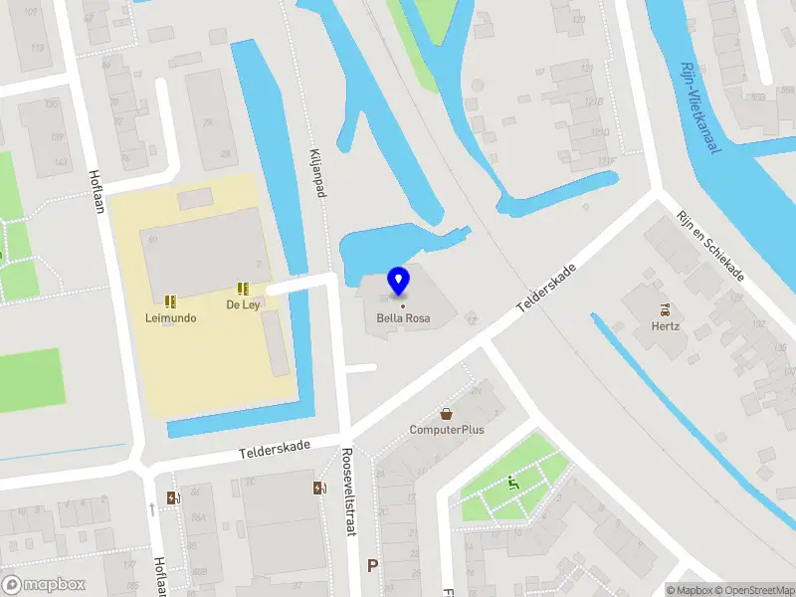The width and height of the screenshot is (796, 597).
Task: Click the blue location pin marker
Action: point(399,282)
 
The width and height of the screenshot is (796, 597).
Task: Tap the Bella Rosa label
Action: point(402,319)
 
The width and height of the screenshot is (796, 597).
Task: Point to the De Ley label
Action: point(243,304)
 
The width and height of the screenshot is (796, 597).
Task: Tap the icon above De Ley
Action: point(243,289)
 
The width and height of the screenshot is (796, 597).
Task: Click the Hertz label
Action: point(665,325)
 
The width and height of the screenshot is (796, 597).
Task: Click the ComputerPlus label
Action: point(447,430)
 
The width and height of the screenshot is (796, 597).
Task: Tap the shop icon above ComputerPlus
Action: point(447,413)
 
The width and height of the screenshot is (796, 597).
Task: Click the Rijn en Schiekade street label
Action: point(710,246)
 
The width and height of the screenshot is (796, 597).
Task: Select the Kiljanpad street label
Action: point(318,169)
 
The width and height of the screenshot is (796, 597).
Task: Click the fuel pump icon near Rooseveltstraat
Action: point(319,488)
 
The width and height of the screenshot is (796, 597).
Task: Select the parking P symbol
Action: point(373,565)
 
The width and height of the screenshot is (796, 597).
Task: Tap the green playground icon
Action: point(513,484)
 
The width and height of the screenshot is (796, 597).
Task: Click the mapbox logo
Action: point(44,585)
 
